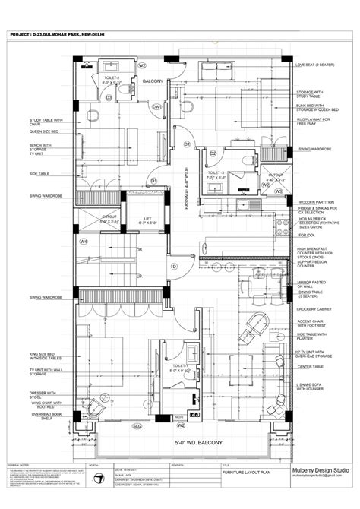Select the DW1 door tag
[x=157, y=108]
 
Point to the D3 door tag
[x=109, y=97]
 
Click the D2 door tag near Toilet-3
[x=213, y=153]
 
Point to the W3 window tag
[x=279, y=191]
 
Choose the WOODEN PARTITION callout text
[x=315, y=201]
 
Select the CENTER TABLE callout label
[x=311, y=366]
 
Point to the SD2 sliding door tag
[x=137, y=427]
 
